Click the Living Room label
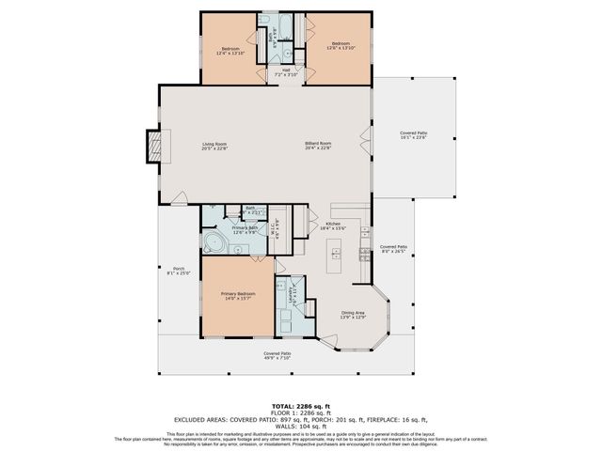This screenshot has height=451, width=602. point(214,146)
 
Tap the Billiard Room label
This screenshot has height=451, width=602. point(318,146)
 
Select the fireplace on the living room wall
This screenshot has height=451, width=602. point(150,145)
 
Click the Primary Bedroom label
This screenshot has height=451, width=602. point(235,297)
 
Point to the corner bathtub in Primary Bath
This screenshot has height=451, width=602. point(214,244)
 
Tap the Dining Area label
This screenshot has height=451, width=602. point(353,315)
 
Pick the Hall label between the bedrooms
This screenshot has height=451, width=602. point(285,70)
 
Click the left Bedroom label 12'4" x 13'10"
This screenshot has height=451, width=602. point(230,51)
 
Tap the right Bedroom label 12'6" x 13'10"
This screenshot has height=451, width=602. point(340,45)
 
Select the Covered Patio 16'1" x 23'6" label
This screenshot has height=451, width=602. point(413,135)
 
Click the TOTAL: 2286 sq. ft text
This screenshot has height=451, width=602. point(301,406)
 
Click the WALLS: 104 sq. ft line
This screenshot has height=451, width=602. point(301,426)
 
